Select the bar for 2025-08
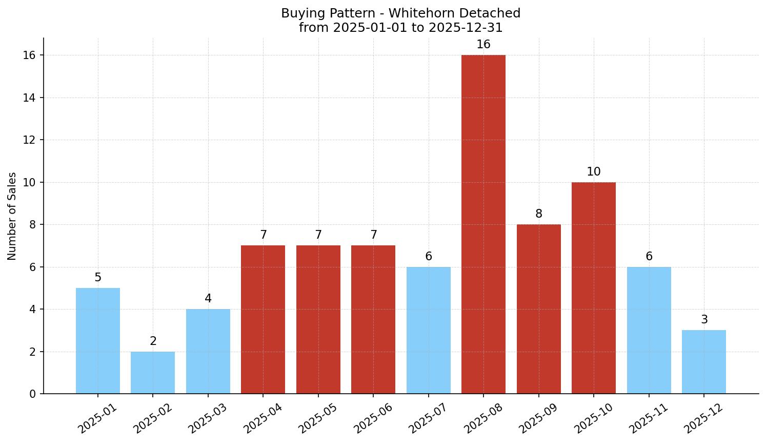(x=483, y=224)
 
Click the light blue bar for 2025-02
(x=153, y=373)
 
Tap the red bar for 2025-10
(x=593, y=288)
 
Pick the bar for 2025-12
(x=703, y=362)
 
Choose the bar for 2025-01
(x=97, y=341)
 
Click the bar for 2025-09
(x=538, y=309)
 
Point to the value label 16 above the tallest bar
(x=483, y=45)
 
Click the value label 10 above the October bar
(x=593, y=172)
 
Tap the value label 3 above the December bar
(x=704, y=320)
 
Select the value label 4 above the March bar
(x=208, y=299)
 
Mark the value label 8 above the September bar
(x=538, y=214)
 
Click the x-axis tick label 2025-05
(x=318, y=418)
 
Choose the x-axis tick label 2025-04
(x=263, y=418)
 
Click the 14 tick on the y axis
(x=29, y=98)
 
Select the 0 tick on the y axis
(x=32, y=394)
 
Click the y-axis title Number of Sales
(x=12, y=216)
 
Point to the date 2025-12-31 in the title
(x=466, y=28)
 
